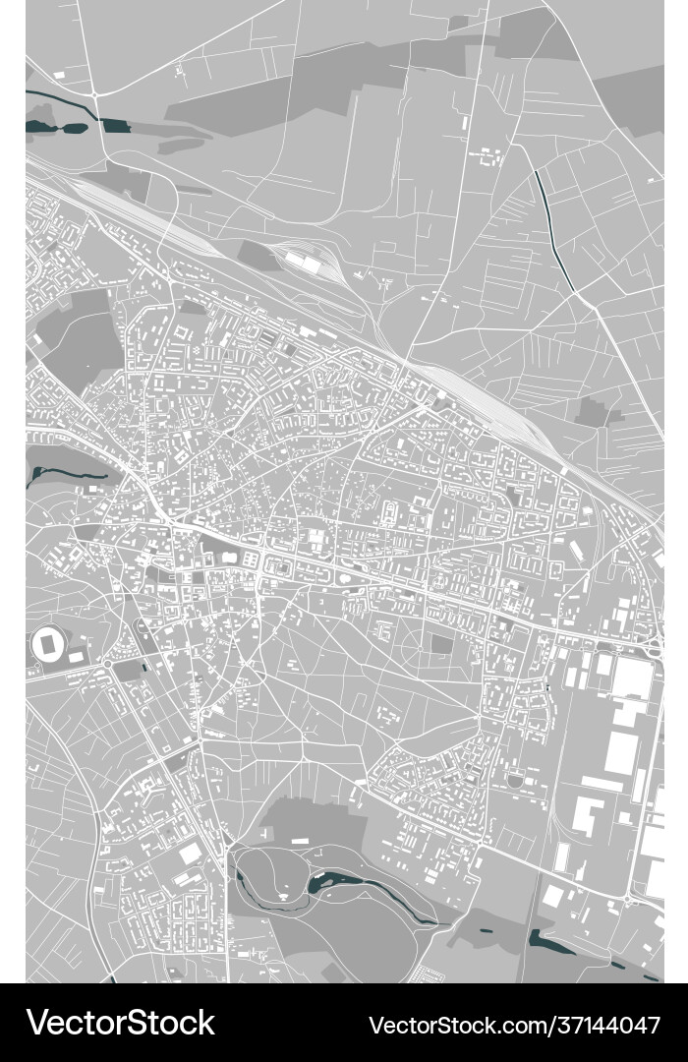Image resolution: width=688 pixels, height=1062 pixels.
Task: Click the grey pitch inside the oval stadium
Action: click(x=47, y=645)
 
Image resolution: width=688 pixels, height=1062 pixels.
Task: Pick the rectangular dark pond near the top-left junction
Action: click(x=115, y=125)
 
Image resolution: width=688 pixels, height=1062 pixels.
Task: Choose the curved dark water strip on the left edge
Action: click(x=59, y=470)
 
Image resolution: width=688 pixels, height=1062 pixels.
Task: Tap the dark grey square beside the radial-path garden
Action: click(x=440, y=644)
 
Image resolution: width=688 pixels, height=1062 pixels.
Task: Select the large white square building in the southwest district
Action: click(x=190, y=854)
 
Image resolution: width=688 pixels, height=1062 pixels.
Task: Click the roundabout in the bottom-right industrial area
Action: click(x=628, y=898)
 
